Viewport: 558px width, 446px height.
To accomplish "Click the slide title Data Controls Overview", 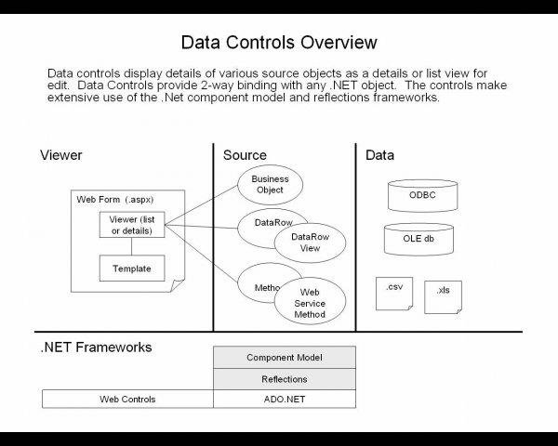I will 279,43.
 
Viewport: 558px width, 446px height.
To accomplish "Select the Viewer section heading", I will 61,155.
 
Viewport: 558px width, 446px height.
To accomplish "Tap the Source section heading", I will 245,155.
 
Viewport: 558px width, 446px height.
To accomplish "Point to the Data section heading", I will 379,155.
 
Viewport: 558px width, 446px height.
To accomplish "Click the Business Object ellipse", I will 270,184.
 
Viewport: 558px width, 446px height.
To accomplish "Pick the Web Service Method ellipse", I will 310,303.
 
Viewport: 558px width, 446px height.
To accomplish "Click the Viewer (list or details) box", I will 131,225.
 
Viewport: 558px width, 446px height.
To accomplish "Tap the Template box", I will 131,269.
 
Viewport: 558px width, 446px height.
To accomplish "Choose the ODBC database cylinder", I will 421,195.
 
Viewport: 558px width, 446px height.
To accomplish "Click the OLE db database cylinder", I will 418,238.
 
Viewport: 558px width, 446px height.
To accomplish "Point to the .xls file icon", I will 443,296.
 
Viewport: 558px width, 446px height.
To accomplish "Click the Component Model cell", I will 284,358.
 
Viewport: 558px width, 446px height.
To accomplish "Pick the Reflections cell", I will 284,379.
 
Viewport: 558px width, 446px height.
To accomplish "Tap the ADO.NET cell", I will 284,400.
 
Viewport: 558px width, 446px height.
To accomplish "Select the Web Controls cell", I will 127,400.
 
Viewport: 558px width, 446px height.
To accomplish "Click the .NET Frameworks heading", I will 96,348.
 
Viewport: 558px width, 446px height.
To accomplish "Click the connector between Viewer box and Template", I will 131,246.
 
